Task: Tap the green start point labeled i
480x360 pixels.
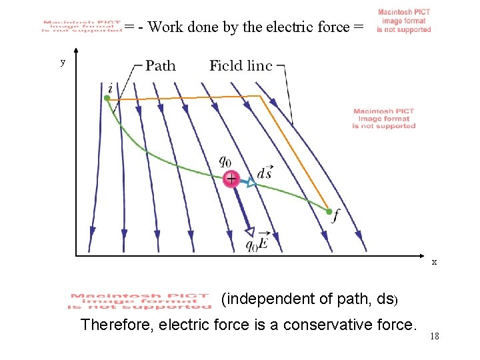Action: click(107, 98)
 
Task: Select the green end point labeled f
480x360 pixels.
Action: click(329, 211)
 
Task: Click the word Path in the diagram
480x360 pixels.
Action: click(161, 65)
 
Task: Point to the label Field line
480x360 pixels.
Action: click(241, 65)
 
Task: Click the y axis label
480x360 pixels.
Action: click(63, 62)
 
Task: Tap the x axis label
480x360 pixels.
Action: click(434, 262)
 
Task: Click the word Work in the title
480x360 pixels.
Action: click(164, 27)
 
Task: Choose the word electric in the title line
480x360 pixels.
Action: click(287, 27)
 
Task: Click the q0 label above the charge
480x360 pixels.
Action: click(226, 161)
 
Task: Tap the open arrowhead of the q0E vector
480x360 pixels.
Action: click(249, 231)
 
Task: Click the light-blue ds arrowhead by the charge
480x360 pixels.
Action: click(251, 183)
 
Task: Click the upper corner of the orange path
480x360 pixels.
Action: click(261, 96)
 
